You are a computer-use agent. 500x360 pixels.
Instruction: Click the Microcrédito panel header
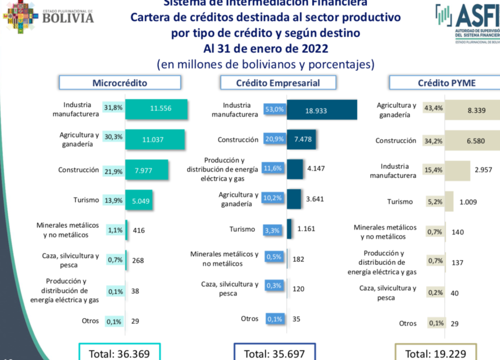(x=120, y=82)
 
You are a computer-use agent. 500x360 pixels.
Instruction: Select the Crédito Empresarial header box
(x=278, y=82)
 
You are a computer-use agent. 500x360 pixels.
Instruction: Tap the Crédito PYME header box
(x=446, y=82)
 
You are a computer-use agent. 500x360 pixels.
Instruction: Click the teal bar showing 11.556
(x=157, y=109)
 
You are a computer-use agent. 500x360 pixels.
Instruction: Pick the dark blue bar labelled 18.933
(x=322, y=110)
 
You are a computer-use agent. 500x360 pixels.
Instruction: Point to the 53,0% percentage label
(x=274, y=110)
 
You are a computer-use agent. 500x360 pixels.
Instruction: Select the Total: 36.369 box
(x=119, y=353)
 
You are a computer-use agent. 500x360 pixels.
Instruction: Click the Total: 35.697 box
(x=274, y=353)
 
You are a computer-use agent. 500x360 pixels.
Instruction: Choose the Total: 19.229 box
(x=436, y=353)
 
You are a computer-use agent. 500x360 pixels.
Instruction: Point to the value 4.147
(x=315, y=169)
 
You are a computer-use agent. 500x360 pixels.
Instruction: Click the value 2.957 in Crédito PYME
(x=483, y=170)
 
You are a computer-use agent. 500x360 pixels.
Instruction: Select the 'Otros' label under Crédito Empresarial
(x=250, y=319)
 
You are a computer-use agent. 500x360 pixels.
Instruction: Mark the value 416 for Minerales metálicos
(x=139, y=230)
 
